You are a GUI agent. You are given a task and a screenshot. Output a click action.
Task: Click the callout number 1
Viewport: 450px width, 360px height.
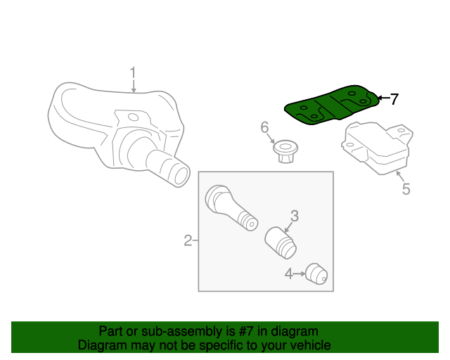pyautogui.click(x=131, y=72)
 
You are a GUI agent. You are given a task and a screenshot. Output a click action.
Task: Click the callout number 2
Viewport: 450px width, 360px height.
pyautogui.click(x=188, y=241)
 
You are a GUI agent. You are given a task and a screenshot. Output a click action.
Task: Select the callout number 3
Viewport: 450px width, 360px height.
pyautogui.click(x=295, y=216)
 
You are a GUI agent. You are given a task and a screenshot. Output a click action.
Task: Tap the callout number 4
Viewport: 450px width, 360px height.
pyautogui.click(x=289, y=273)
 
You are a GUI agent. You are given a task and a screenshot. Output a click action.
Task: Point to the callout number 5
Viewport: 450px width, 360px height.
pyautogui.click(x=406, y=188)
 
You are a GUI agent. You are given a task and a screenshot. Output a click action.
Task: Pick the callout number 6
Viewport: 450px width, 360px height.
pyautogui.click(x=265, y=127)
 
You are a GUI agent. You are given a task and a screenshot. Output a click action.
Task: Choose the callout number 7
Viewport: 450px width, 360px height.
pyautogui.click(x=394, y=99)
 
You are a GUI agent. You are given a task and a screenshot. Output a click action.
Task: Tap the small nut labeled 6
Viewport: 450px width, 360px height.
pyautogui.click(x=285, y=150)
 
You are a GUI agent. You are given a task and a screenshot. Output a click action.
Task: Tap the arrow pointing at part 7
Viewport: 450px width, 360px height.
pyautogui.click(x=382, y=98)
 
